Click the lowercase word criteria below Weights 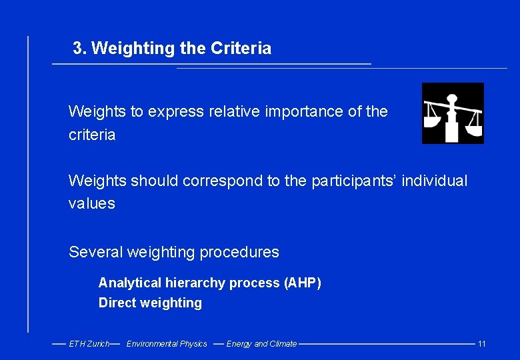(92, 135)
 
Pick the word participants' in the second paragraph (354, 181)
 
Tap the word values (92, 204)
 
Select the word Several (95, 252)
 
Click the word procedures (241, 252)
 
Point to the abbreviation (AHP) (303, 283)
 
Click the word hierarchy (199, 283)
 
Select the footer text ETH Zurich (89, 344)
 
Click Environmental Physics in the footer (167, 344)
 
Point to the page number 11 (482, 344)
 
